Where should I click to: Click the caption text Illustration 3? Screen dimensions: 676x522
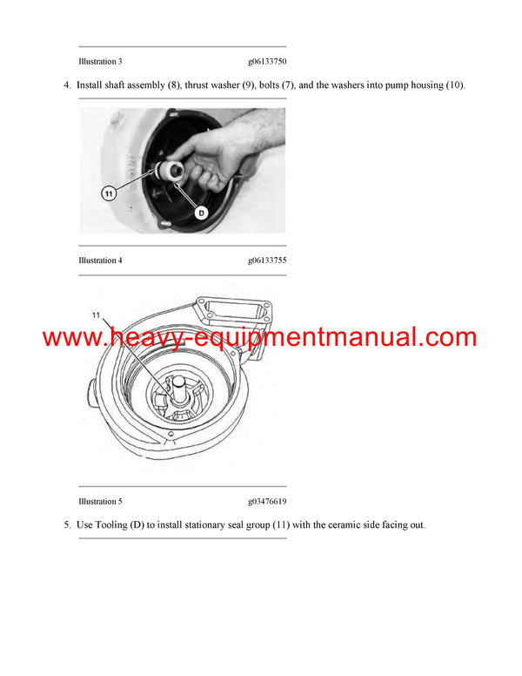point(100,62)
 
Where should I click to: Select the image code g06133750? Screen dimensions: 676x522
point(267,62)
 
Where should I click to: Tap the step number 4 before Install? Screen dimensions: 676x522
point(66,84)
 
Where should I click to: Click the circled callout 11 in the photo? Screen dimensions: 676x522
point(109,193)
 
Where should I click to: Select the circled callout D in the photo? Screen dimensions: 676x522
point(200,212)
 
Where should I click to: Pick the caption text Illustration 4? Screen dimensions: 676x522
point(100,260)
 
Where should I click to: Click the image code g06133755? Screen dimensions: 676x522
point(267,260)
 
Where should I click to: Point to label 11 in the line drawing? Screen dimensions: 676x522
point(97,314)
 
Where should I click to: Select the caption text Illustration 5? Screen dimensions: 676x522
point(100,502)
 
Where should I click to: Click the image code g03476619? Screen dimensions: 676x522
point(267,502)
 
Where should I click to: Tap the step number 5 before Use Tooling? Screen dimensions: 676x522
point(66,524)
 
